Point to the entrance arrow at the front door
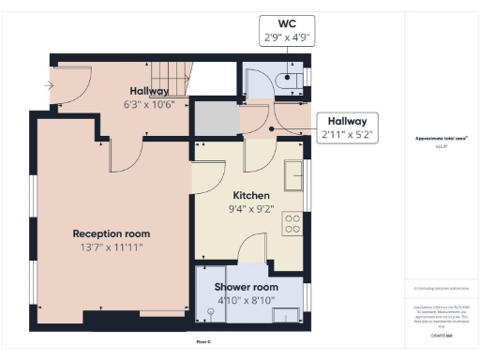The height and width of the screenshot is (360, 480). click(47, 85)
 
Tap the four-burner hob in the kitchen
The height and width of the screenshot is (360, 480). click(292, 224)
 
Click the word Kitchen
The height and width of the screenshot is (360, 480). click(250, 195)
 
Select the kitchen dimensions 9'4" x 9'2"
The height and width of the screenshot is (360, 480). click(250, 209)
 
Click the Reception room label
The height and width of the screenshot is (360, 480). click(112, 233)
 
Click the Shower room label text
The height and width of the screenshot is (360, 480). click(246, 287)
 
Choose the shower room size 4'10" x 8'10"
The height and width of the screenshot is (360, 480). click(246, 300)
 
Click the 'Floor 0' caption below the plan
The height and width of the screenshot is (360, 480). click(203, 341)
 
